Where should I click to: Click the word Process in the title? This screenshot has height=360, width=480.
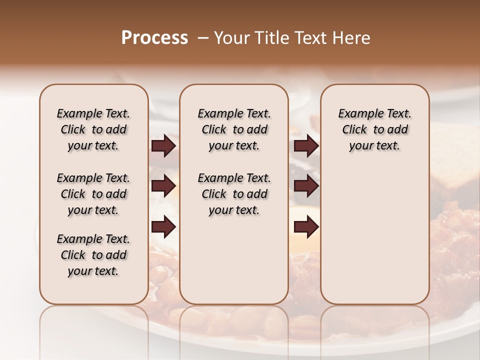click(154, 38)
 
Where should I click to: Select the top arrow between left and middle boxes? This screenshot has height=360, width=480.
click(163, 145)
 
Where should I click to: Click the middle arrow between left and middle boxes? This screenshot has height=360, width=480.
click(163, 186)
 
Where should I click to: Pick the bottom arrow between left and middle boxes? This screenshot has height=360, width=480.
click(163, 227)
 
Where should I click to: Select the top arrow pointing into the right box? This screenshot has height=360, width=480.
click(306, 145)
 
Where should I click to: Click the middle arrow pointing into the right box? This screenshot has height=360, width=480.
click(306, 186)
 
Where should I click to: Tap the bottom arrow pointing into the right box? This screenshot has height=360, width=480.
click(306, 227)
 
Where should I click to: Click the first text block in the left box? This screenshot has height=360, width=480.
click(93, 129)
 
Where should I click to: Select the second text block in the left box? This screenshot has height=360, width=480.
click(93, 194)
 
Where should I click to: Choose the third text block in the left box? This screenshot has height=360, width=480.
click(93, 255)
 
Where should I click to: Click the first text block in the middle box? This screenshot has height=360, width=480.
click(234, 129)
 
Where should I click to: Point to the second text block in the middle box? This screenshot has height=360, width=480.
click(234, 194)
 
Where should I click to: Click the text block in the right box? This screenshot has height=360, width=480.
click(374, 129)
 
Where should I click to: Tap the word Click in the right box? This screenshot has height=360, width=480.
click(354, 129)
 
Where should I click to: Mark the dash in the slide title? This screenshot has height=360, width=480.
click(203, 38)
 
